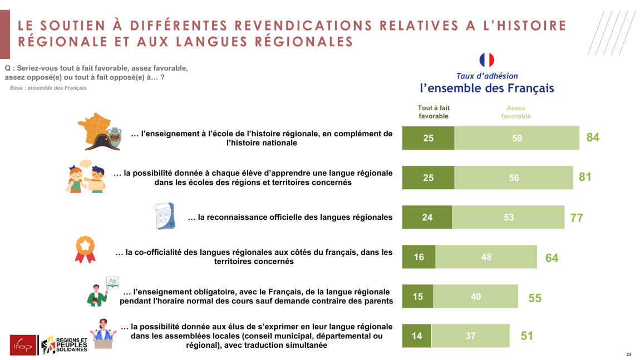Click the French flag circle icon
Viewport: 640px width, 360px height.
487,60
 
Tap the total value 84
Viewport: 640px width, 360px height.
593,137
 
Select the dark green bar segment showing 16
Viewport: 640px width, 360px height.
419,257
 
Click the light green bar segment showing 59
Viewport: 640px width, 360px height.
517,138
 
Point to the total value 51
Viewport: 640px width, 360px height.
527,336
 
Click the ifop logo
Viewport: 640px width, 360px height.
23,345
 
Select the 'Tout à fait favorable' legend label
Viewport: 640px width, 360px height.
434,112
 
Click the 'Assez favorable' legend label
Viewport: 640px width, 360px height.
516,112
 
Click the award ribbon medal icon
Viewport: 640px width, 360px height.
85,249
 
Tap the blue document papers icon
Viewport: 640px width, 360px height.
165,216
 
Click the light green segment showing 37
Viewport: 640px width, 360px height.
470,336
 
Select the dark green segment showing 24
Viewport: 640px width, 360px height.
427,218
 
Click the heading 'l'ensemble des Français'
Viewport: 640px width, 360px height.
487,88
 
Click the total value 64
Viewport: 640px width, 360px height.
552,258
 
